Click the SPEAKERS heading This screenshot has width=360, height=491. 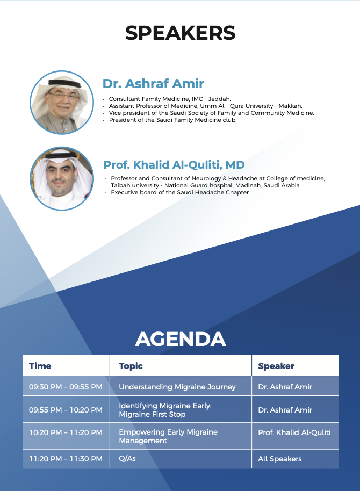pos(180,33)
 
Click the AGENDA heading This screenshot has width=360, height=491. pos(181,339)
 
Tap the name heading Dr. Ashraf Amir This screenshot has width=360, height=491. pos(153,84)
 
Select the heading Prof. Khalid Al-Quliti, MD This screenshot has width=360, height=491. pos(174,165)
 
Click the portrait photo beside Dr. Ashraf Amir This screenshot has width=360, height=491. pos(62,103)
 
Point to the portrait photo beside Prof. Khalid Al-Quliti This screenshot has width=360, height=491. pos(62,179)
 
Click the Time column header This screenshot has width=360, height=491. pos(40,366)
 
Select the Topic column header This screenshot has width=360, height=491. pos(131,366)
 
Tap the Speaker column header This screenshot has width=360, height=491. pos(276,366)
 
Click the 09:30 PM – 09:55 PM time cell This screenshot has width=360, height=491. pos(66,387)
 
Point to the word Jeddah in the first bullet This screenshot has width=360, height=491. pos(219,99)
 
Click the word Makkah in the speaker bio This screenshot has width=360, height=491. pos(291,106)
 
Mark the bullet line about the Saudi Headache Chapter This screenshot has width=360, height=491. pos(180,192)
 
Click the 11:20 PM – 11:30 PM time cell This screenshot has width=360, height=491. pos(66,459)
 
